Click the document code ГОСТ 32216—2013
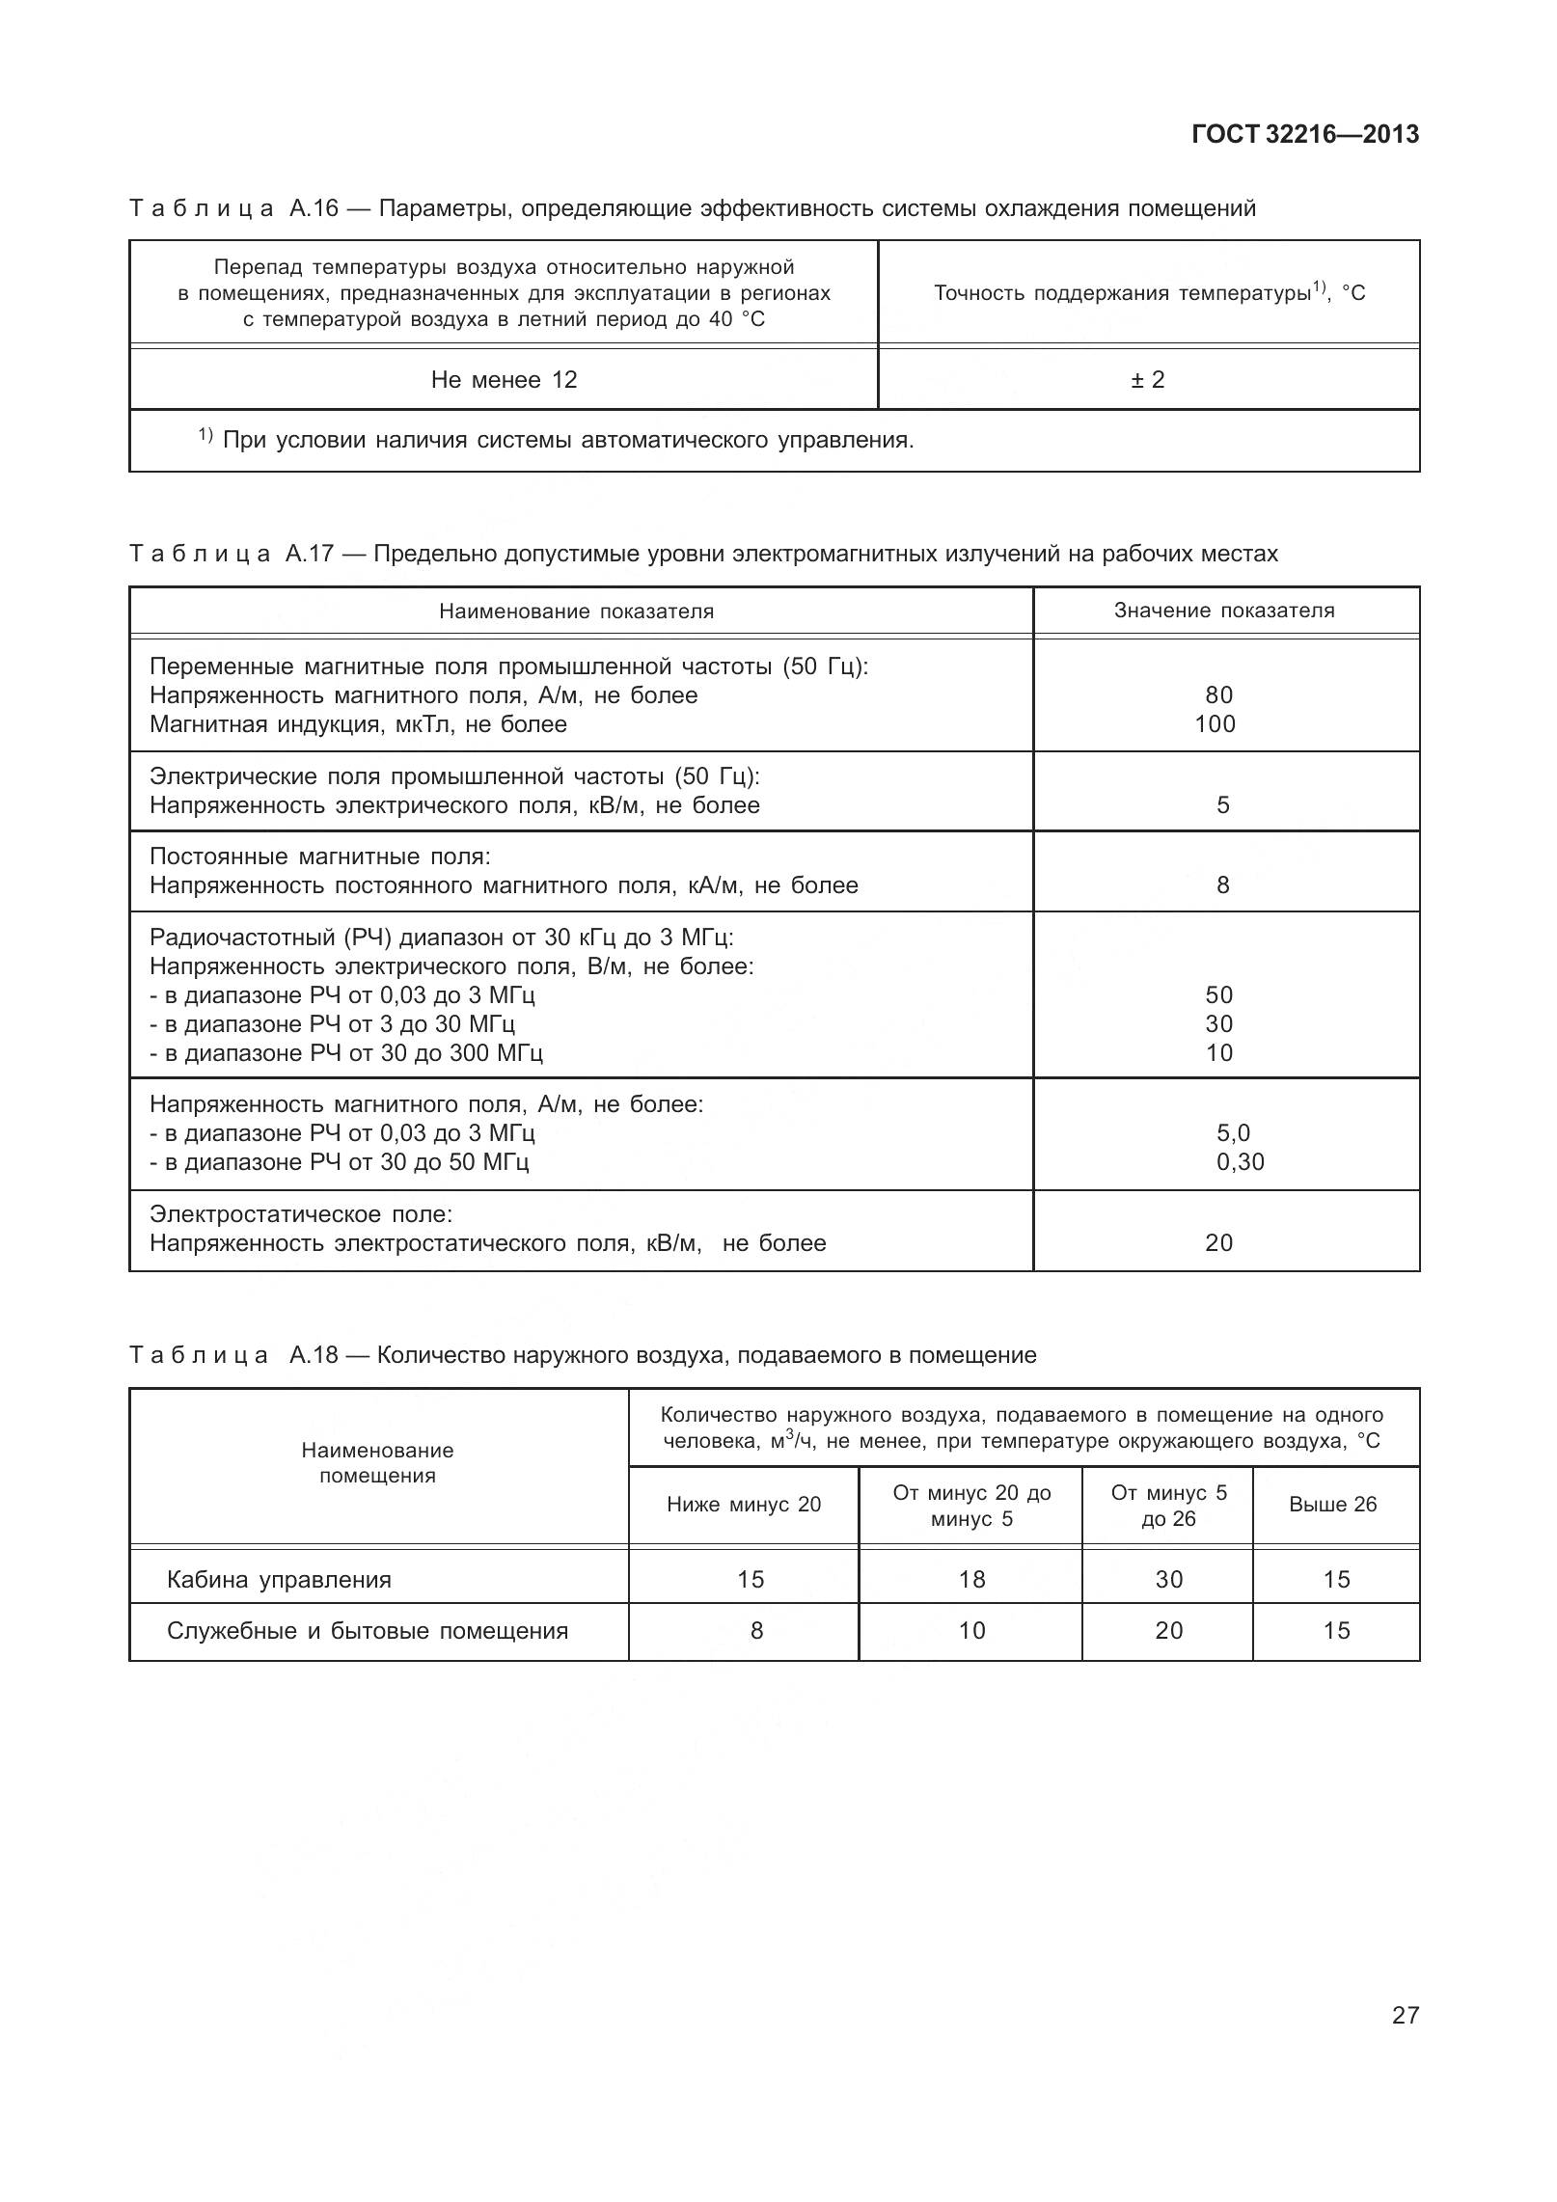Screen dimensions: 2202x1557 point(1304,134)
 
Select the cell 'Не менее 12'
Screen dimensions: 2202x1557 point(504,380)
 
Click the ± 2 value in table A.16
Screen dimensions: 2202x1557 point(1148,380)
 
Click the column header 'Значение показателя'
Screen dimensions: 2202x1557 point(1224,611)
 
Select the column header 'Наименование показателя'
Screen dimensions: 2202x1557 point(576,612)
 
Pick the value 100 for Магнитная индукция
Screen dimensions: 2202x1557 point(1215,724)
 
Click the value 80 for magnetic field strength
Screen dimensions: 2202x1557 point(1218,695)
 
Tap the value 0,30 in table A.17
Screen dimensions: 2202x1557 point(1240,1162)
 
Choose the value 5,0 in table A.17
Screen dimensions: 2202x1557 point(1233,1133)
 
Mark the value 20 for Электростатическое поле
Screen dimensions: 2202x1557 point(1218,1243)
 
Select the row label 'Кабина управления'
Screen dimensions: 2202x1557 point(279,1580)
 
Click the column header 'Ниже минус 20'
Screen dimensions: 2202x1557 point(743,1505)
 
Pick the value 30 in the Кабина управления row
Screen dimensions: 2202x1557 point(1168,1580)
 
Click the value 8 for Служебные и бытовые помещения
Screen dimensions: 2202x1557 point(756,1631)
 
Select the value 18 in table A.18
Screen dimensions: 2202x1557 point(971,1580)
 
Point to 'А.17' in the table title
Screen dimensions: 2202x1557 point(309,554)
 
